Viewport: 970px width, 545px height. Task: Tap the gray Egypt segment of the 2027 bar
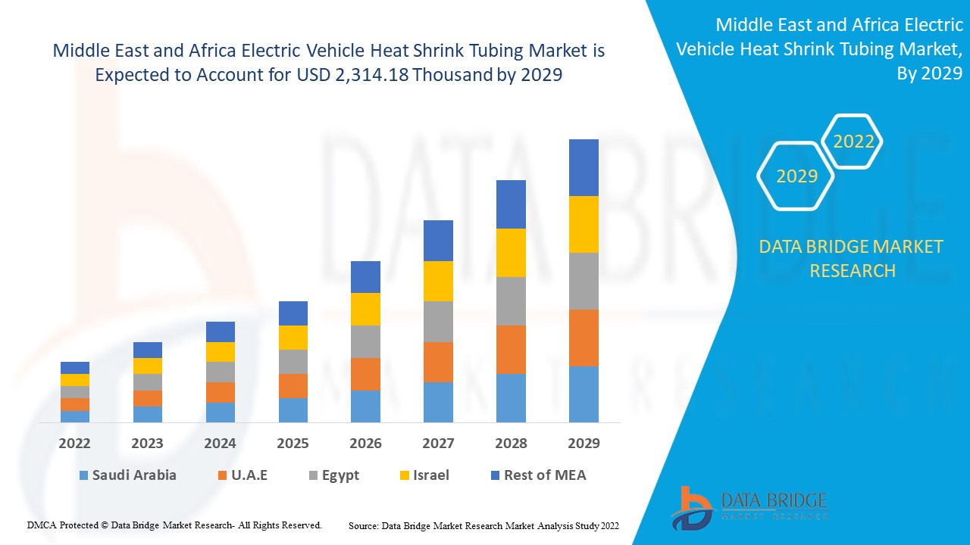click(x=438, y=322)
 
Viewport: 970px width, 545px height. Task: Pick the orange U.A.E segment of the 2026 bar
click(x=365, y=374)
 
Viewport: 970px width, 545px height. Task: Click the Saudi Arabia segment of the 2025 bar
click(x=293, y=410)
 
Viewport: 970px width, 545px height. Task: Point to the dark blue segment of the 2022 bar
click(x=75, y=368)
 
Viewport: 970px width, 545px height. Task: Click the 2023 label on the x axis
click(x=148, y=444)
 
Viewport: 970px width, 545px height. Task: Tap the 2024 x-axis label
click(x=221, y=444)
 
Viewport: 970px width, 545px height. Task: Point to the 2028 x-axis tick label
click(x=511, y=444)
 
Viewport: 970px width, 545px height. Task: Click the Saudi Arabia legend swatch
click(x=83, y=475)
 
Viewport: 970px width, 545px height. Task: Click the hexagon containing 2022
click(x=853, y=142)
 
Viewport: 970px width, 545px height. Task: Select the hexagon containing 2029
click(x=796, y=176)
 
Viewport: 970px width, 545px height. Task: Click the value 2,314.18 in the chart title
click(x=360, y=76)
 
